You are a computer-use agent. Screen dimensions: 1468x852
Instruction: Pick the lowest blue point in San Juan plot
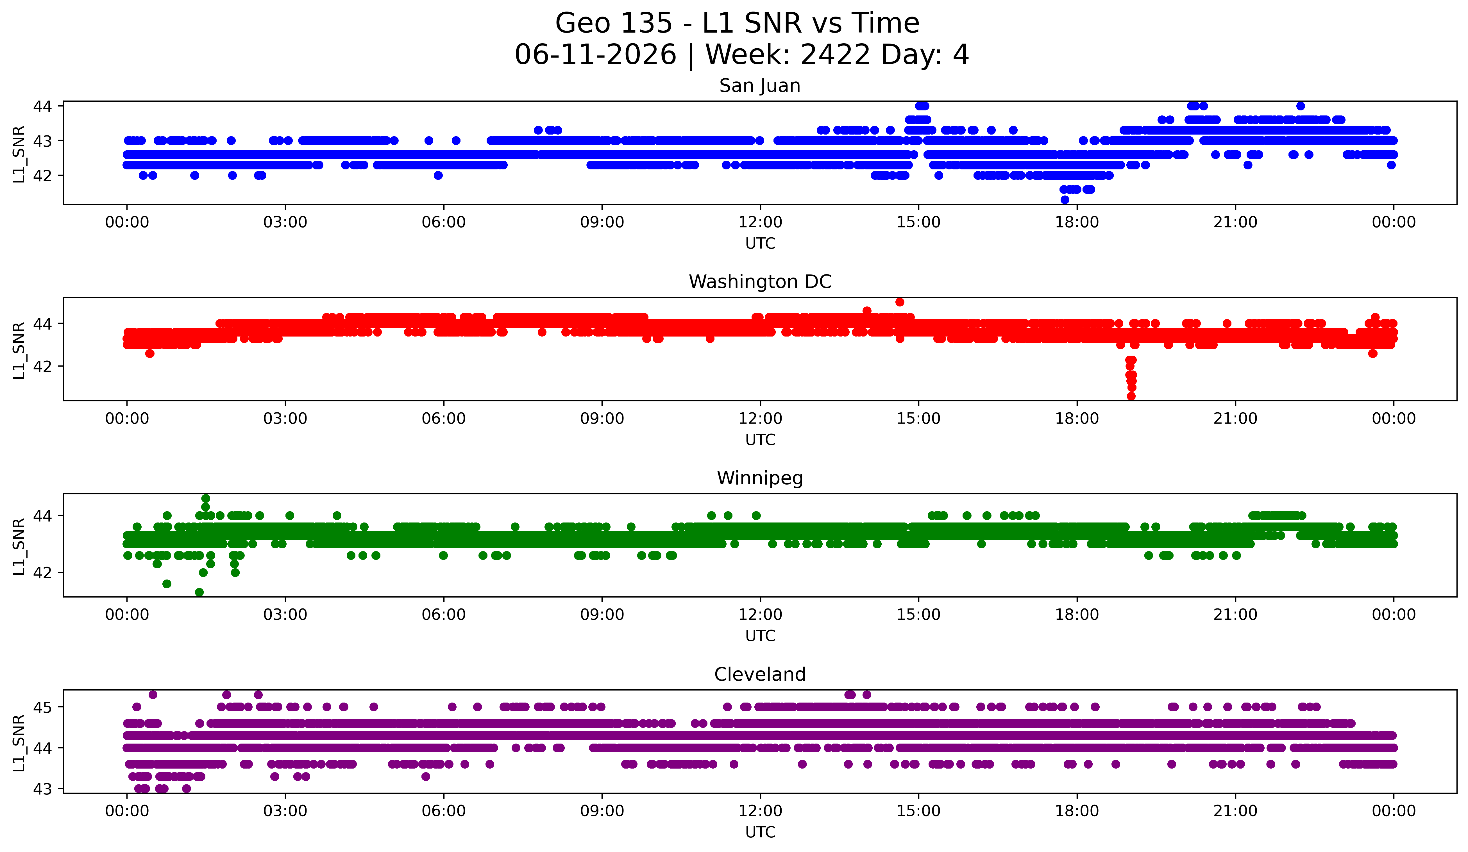(x=1065, y=200)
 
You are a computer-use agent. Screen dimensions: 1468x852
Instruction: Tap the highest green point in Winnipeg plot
(x=206, y=499)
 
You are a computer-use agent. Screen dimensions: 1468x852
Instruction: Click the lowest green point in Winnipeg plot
(x=199, y=592)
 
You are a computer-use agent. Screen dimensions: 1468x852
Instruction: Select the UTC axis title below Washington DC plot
(x=760, y=440)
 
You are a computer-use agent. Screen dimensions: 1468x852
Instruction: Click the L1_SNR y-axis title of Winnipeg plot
(x=19, y=546)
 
